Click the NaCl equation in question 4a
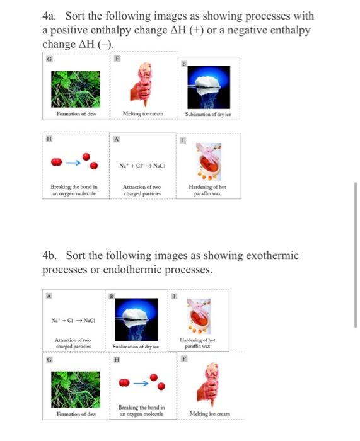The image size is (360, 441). (x=142, y=166)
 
